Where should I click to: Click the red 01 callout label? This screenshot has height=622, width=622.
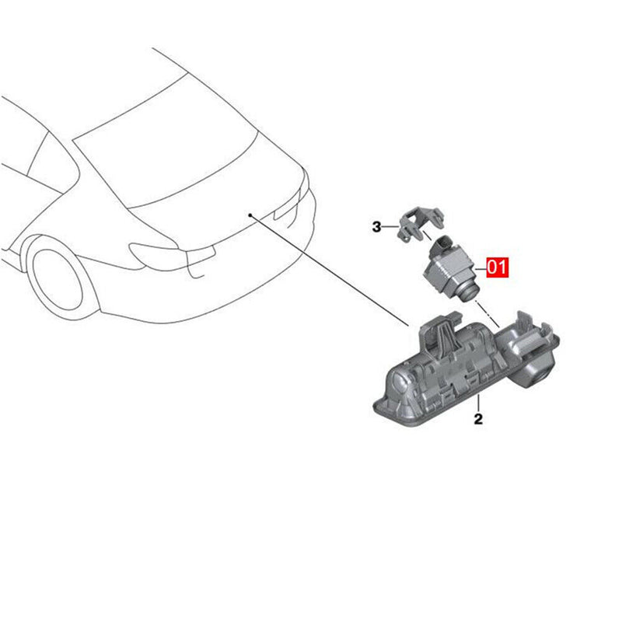(497, 268)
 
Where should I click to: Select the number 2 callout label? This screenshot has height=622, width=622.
(478, 420)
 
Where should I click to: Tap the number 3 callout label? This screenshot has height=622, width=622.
(376, 227)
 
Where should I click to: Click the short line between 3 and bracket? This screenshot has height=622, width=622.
(390, 227)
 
